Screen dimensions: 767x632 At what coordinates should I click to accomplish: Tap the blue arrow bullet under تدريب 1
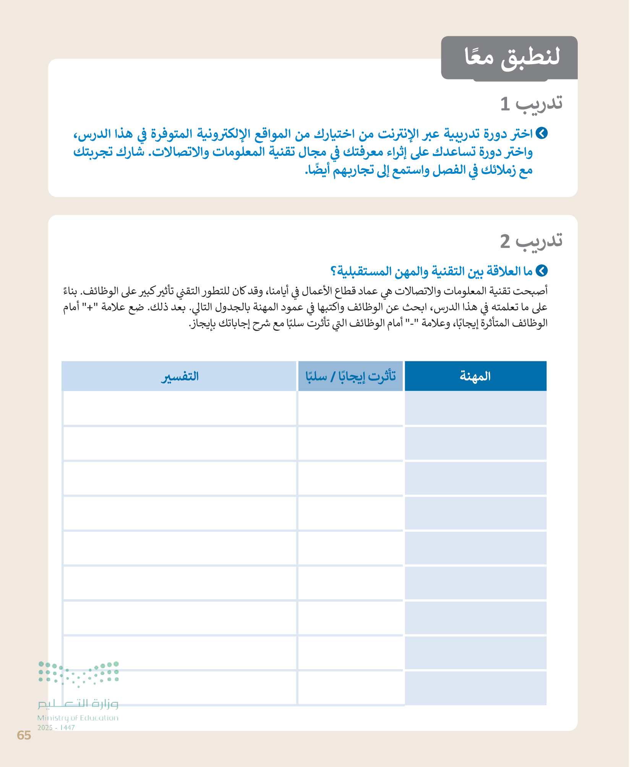tap(541, 133)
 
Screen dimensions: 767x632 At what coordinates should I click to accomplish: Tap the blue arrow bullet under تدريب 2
tap(541, 271)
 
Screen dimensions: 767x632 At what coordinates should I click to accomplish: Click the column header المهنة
tap(475, 376)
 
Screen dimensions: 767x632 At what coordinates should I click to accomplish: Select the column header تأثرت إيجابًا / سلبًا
tap(350, 376)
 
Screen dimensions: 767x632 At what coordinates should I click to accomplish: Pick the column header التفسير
tap(180, 376)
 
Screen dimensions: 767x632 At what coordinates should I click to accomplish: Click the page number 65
tap(24, 735)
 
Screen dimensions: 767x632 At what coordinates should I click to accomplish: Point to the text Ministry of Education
tap(78, 718)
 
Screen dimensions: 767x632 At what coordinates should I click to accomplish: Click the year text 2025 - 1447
tap(56, 728)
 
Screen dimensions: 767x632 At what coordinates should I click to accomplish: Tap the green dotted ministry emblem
tap(79, 674)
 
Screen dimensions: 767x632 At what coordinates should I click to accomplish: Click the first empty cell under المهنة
tap(475, 408)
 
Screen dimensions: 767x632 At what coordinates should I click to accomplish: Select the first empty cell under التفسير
tap(180, 408)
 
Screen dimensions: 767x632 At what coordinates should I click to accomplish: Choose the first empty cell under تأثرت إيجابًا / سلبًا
tap(350, 408)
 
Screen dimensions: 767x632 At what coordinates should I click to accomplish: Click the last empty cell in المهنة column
tap(475, 688)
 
